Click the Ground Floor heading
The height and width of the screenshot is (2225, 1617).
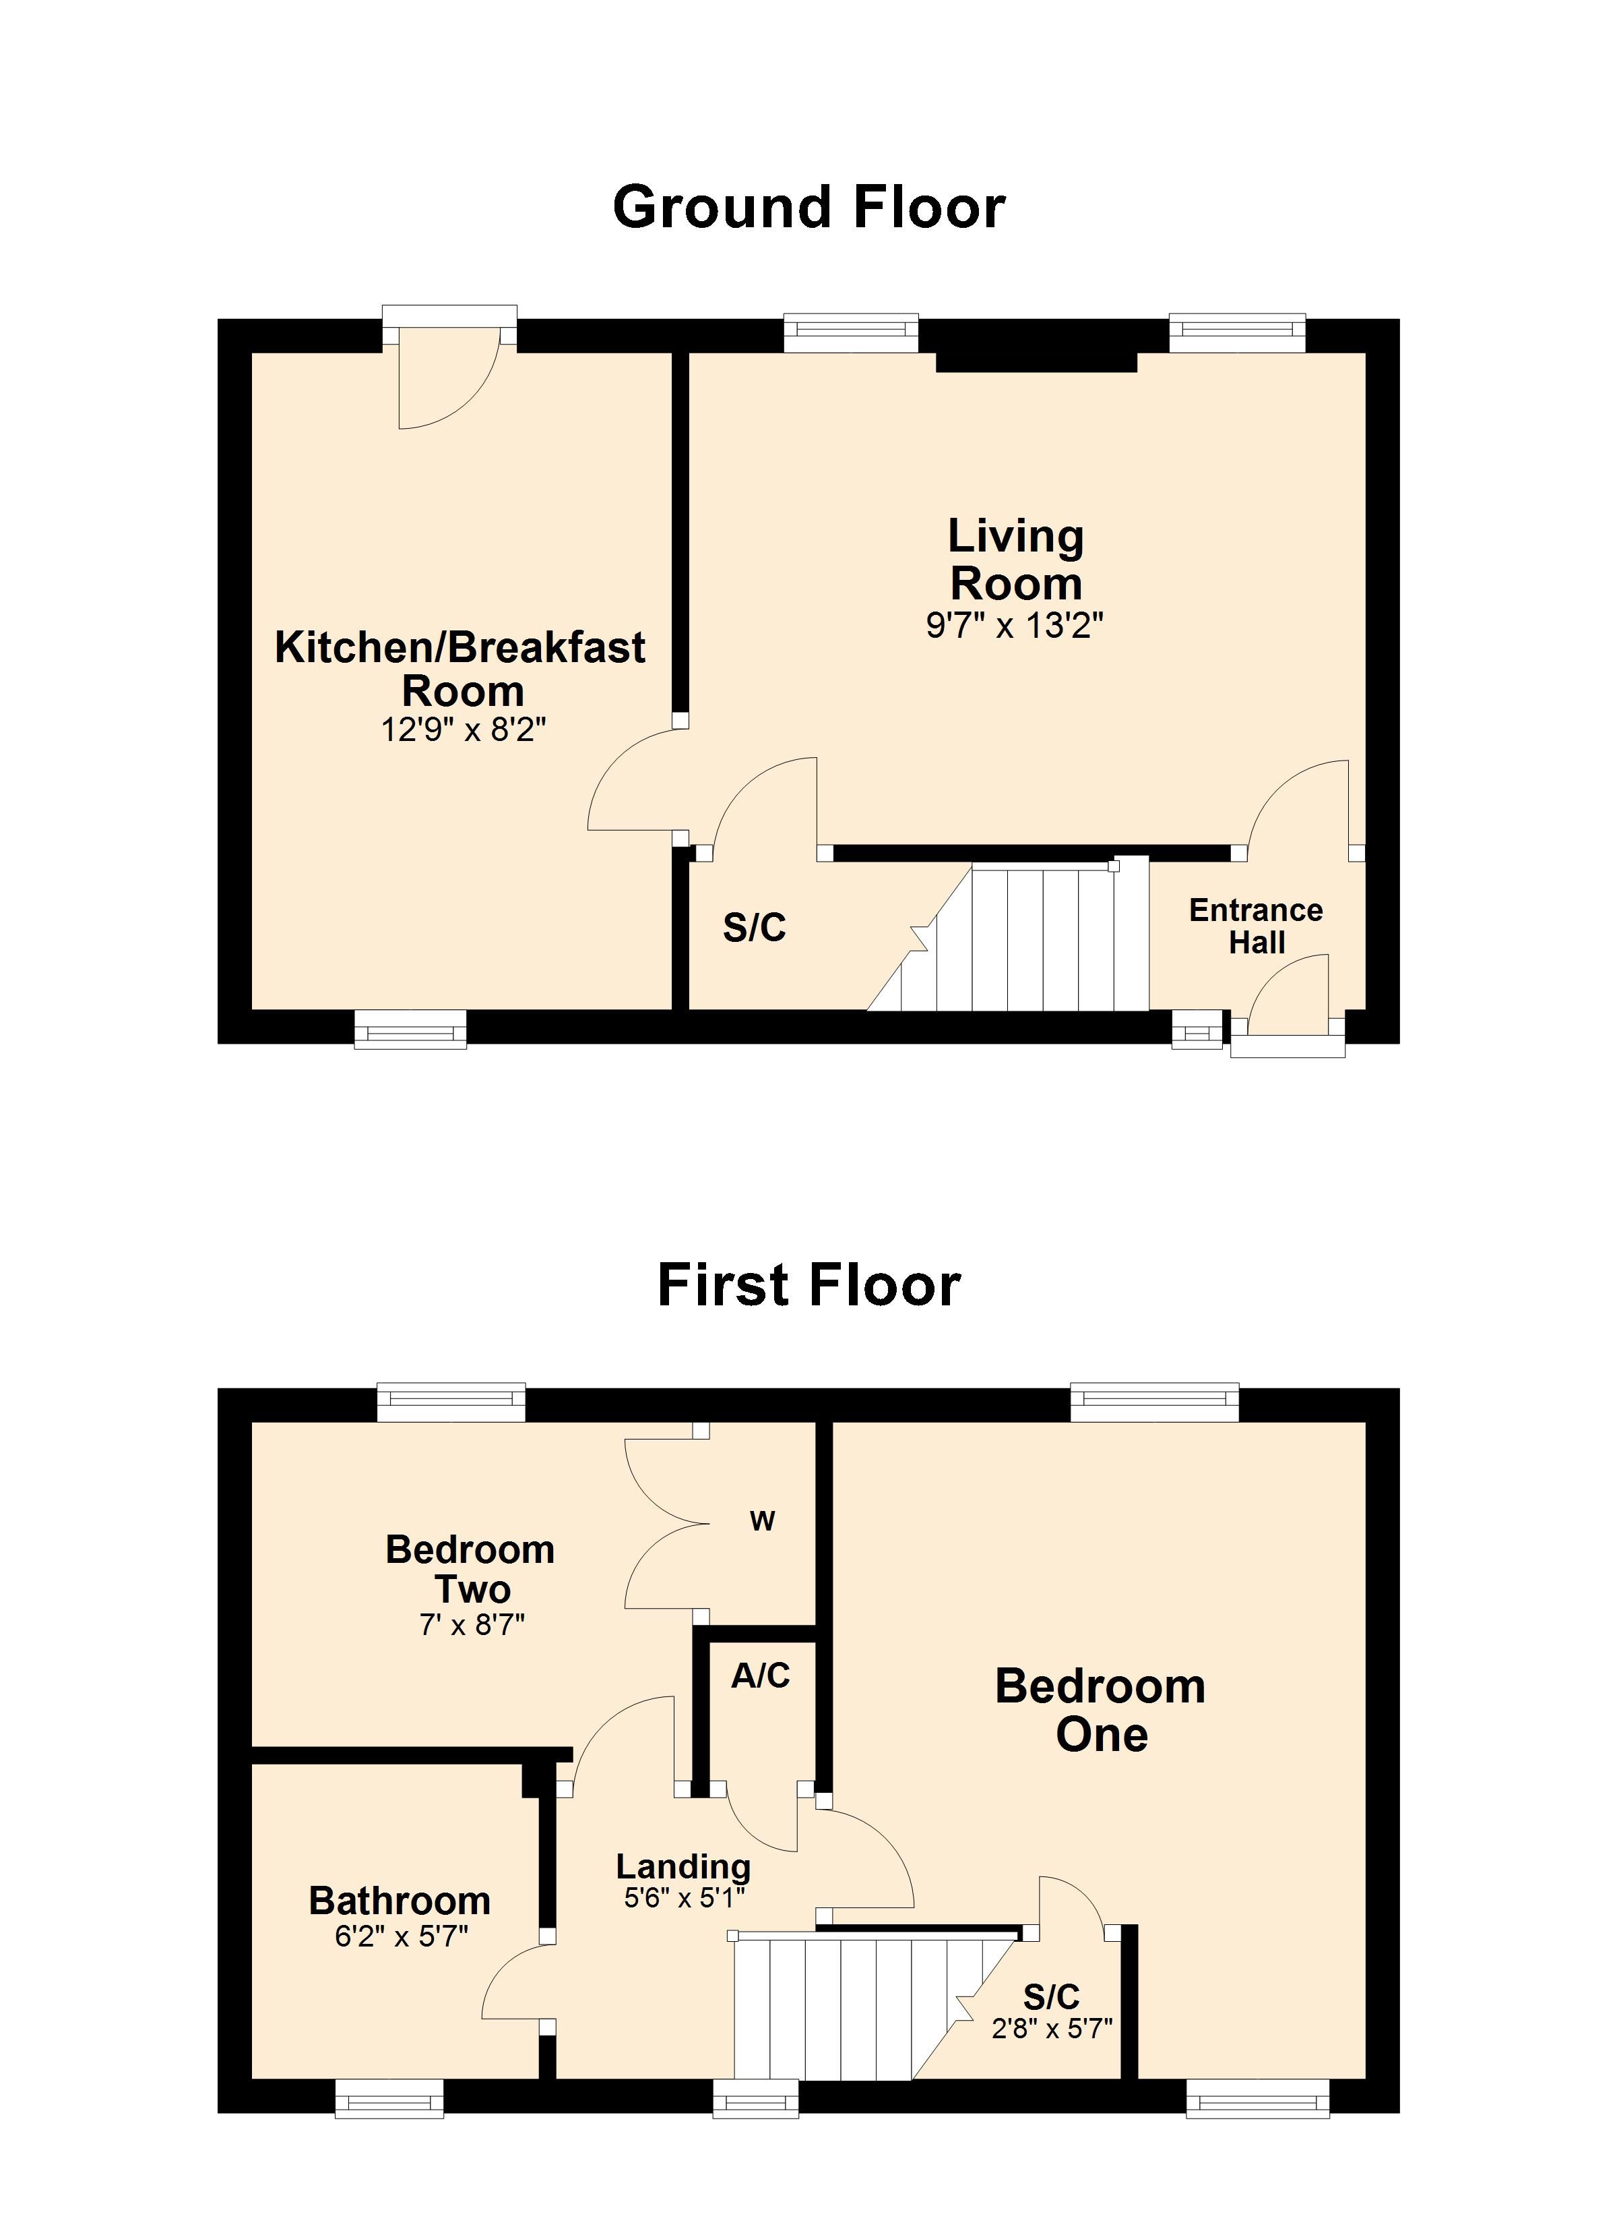(x=809, y=207)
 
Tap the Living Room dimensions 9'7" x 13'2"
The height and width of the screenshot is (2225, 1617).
(x=1015, y=625)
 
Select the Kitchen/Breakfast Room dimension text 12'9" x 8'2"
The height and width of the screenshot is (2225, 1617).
(x=463, y=730)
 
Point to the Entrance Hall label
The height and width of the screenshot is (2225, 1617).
(x=1256, y=926)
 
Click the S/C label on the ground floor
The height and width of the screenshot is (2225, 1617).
(x=754, y=928)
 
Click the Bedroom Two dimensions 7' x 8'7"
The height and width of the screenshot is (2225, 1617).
(x=472, y=1626)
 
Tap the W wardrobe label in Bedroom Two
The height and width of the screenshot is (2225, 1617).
(x=762, y=1522)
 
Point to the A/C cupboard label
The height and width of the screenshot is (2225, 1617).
(x=760, y=1675)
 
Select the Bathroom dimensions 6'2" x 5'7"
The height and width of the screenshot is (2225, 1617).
(x=401, y=1936)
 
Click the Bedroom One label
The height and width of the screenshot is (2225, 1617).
(x=1100, y=1710)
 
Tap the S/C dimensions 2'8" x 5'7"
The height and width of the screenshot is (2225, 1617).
(x=1051, y=2028)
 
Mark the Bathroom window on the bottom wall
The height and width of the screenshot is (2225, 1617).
(x=389, y=2098)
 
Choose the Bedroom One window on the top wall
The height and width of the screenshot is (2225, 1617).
(x=1154, y=1401)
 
